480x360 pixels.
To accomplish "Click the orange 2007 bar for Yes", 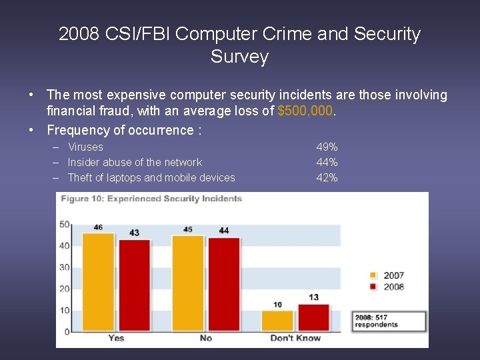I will pyautogui.click(x=98, y=281).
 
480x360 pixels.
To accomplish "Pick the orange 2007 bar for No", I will pyautogui.click(x=187, y=283).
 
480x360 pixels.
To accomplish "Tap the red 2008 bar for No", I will pyautogui.click(x=223, y=284).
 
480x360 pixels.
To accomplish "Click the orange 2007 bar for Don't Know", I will pyautogui.click(x=277, y=321).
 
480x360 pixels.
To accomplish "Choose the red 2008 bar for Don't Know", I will pyautogui.click(x=313, y=317).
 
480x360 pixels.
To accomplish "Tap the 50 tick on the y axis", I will pyautogui.click(x=65, y=224).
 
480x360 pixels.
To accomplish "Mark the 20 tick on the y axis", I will pyautogui.click(x=65, y=289).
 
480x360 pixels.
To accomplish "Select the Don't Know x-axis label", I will pyautogui.click(x=295, y=338).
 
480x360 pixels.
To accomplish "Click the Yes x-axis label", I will pyautogui.click(x=116, y=338).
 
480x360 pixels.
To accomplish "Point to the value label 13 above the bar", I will pyautogui.click(x=313, y=297).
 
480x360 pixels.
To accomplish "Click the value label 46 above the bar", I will pyautogui.click(x=98, y=227).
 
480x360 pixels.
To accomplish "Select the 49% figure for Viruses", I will pyautogui.click(x=327, y=147).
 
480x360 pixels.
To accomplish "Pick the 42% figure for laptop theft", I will pyautogui.click(x=327, y=177).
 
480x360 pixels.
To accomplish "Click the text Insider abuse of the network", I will pyautogui.click(x=135, y=162).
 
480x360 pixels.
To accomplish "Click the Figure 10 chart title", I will pyautogui.click(x=151, y=198).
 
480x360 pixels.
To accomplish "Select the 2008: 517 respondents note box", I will pyautogui.click(x=389, y=321).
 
